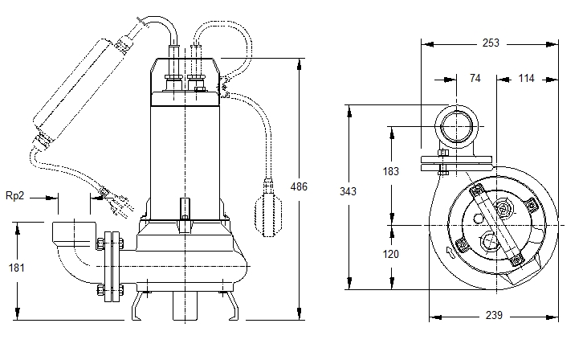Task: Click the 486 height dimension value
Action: click(299, 186)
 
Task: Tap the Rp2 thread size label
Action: click(15, 196)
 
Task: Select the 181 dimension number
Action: click(17, 268)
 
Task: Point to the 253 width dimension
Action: click(491, 43)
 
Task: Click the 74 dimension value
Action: click(475, 78)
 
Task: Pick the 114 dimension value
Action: click(526, 78)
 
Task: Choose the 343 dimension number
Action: click(348, 191)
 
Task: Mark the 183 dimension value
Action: click(390, 171)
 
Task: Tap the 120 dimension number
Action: click(390, 254)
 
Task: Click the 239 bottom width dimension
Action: click(494, 316)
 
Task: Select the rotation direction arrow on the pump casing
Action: click(450, 253)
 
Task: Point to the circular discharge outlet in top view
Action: click(456, 127)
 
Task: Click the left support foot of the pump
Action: click(137, 305)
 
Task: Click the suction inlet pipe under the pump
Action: click(185, 305)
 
